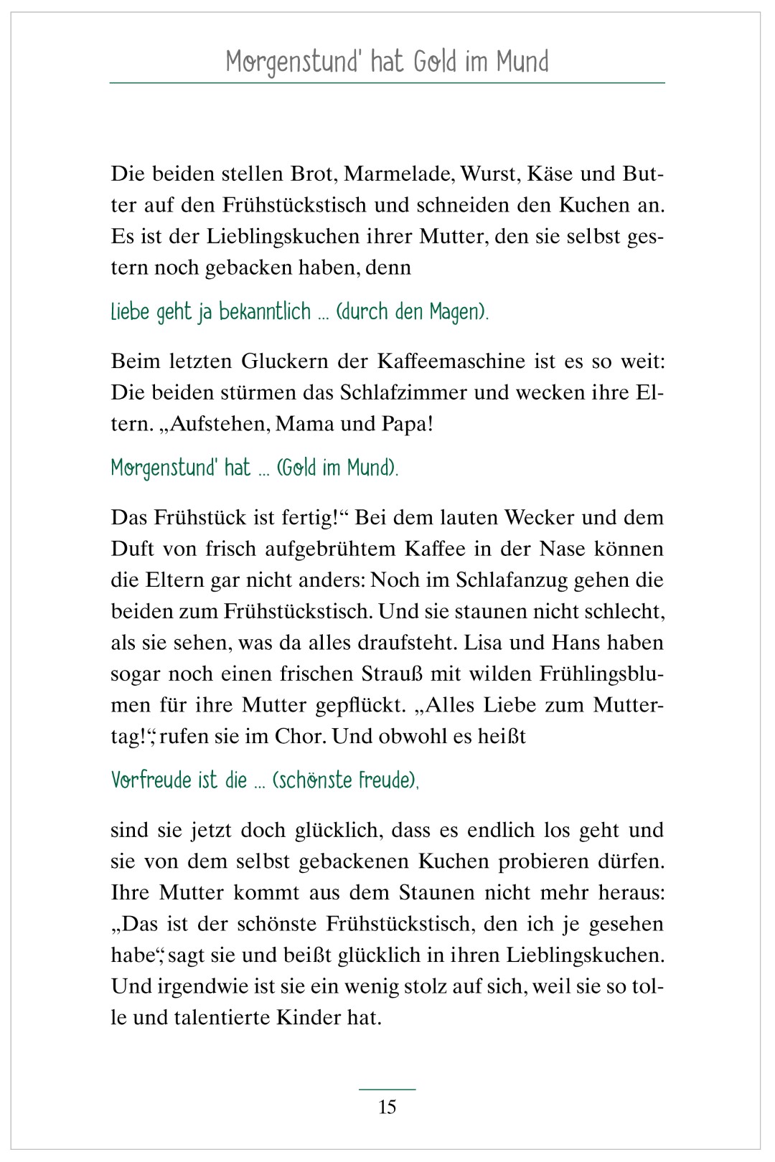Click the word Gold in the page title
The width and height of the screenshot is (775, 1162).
[x=435, y=62]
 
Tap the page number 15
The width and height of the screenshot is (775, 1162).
[x=387, y=1107]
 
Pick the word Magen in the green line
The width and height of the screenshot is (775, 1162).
[x=454, y=313]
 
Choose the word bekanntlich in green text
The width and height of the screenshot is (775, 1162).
[x=265, y=312]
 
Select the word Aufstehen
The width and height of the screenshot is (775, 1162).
[x=219, y=424]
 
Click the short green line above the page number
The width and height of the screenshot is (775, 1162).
[x=387, y=1090]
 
